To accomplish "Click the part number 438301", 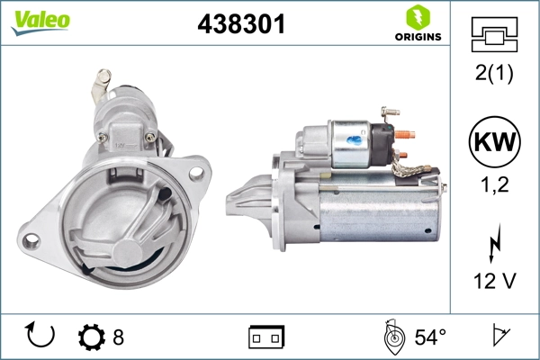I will coord(241,25).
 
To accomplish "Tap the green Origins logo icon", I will coord(415,16).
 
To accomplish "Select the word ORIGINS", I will coord(415,37).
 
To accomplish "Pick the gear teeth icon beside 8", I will coord(92,337).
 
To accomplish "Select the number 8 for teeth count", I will coord(118,337).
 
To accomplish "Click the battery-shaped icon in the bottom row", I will coord(266,337).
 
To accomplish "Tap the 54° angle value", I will coord(429,337).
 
